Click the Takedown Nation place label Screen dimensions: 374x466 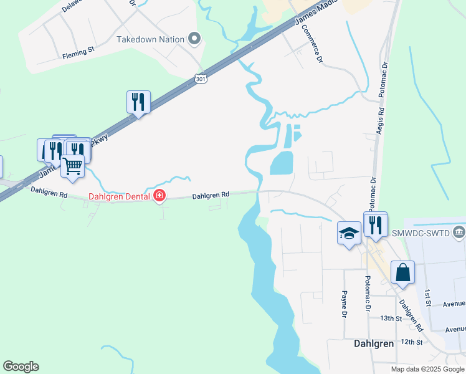[151, 39]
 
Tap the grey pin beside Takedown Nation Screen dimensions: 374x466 [195, 39]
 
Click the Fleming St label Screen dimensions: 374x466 [77, 55]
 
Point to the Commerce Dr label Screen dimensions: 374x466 [311, 46]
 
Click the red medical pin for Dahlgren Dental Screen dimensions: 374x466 [159, 196]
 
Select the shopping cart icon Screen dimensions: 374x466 [73, 166]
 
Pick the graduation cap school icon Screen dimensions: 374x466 [349, 233]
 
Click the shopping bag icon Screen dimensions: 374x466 [402, 272]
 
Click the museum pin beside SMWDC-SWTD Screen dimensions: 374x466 [459, 233]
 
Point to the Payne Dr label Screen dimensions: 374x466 [343, 303]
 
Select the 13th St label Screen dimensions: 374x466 [391, 318]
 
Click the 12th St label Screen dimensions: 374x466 [412, 342]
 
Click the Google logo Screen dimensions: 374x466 [21, 367]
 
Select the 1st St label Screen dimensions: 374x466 [429, 299]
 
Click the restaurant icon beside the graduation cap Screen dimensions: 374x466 [376, 224]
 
